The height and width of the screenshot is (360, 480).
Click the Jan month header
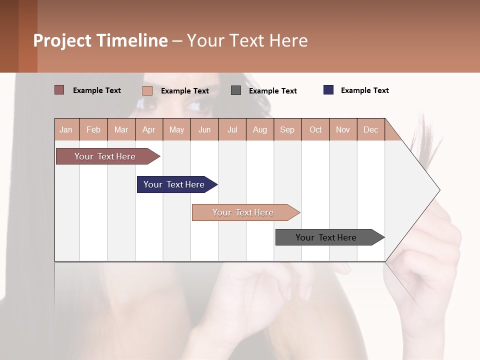point(66,129)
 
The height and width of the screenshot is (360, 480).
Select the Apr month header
point(149,129)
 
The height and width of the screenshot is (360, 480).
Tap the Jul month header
point(232,129)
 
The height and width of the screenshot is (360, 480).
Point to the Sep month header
point(287,129)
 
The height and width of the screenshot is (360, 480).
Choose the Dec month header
point(370,129)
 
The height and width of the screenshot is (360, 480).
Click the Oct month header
point(315,129)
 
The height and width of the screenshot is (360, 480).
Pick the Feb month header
point(93,129)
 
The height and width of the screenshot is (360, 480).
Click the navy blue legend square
point(328,90)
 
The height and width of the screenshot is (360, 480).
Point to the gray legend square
point(236,90)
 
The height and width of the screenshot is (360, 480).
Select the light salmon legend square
point(147,90)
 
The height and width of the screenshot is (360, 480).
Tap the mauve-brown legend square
point(59,90)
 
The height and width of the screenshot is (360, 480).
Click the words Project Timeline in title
point(100,40)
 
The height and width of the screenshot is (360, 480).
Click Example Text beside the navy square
point(364,90)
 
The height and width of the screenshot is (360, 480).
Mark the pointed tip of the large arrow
point(439,190)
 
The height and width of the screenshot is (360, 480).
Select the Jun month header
point(204,129)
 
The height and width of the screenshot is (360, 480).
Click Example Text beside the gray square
point(272,91)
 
